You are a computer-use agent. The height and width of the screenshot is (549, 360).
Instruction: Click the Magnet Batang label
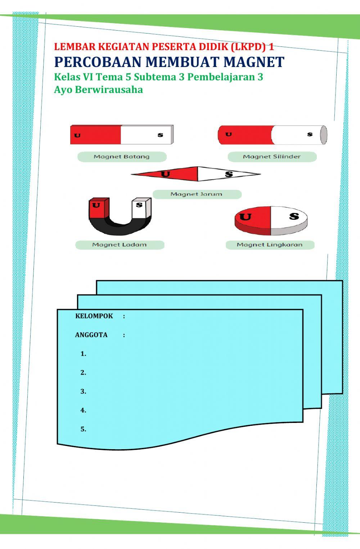(122, 157)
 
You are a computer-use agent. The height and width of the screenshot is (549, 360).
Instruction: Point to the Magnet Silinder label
(272, 157)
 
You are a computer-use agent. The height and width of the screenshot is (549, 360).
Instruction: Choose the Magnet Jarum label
(197, 194)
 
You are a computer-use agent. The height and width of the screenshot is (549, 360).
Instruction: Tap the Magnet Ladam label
(120, 245)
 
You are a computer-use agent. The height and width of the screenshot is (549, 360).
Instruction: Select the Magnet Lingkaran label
(270, 245)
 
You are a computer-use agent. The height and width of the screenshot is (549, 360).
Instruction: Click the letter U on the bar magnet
(77, 135)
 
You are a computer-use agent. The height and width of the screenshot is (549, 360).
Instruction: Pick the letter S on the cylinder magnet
(310, 134)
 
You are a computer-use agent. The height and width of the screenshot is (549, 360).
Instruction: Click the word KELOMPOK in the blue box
(94, 316)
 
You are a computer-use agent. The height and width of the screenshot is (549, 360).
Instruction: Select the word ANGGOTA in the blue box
(91, 335)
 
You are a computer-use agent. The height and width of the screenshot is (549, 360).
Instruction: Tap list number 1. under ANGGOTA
(83, 354)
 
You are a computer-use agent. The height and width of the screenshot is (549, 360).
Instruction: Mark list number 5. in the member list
(83, 429)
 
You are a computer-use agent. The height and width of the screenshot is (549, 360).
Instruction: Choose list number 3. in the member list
(83, 392)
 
